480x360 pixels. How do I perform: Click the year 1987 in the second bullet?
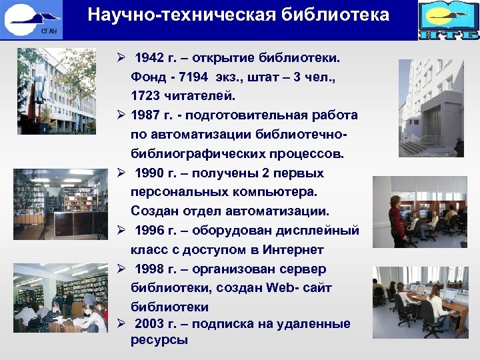pyautogui.click(x=147, y=115)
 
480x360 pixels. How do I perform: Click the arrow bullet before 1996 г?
pyautogui.click(x=121, y=231)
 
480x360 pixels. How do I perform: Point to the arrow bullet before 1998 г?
pyautogui.click(x=121, y=269)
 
